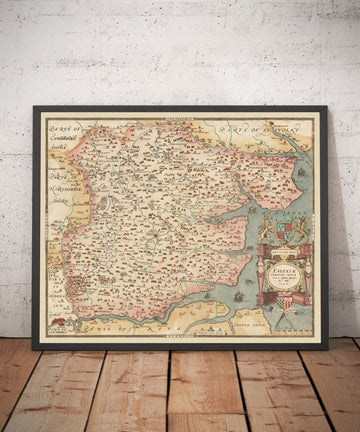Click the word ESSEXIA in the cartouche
(x=282, y=259)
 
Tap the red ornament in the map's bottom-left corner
(x=58, y=324)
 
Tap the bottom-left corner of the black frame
(x=33, y=349)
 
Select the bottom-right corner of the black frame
(x=328, y=349)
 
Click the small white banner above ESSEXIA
(x=282, y=246)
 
